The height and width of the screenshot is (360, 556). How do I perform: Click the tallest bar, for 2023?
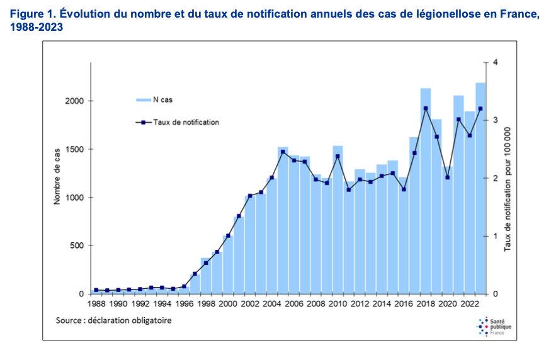pos(480,189)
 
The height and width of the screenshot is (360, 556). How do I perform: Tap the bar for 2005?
pos(283,220)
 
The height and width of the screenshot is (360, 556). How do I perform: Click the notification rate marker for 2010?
pos(338,156)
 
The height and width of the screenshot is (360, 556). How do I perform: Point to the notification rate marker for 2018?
pos(426,108)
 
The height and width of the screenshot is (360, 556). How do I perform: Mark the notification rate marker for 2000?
pos(228,236)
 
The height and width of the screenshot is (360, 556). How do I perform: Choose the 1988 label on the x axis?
pos(96,303)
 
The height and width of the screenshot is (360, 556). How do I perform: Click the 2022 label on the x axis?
pos(469,303)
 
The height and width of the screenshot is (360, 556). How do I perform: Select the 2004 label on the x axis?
pos(272,303)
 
